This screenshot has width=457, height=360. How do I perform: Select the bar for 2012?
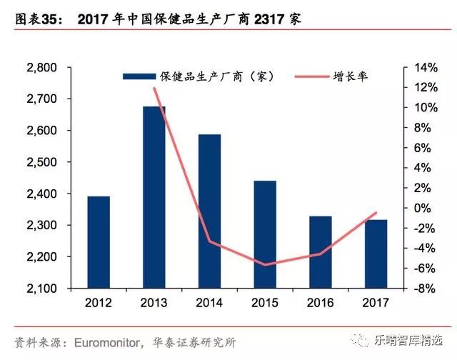[x=99, y=242]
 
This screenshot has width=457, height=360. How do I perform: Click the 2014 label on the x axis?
[x=209, y=301]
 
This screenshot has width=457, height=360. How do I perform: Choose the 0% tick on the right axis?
[x=423, y=208]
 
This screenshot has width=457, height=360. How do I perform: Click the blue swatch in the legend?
[x=141, y=76]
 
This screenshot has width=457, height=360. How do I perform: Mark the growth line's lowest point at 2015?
[x=265, y=265]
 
